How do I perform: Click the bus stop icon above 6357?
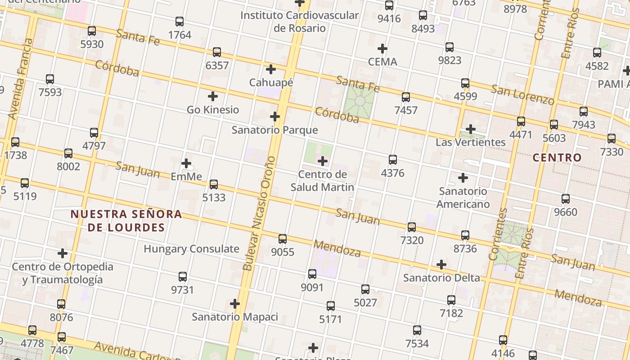coord(217,52)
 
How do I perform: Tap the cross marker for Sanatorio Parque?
coord(274,117)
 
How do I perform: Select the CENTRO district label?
coord(557,157)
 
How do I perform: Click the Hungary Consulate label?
coord(191,249)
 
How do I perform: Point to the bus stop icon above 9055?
coord(283,239)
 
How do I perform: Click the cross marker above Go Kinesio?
coord(213,96)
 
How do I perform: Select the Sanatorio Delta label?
coord(441,278)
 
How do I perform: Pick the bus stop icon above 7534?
coord(417,330)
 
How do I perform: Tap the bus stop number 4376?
coord(392,173)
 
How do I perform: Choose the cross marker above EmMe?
coord(186,163)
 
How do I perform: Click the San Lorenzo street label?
coord(522,94)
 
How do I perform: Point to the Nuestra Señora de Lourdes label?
coord(126,220)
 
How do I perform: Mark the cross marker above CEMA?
coord(382,49)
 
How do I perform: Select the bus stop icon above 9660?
coord(566,199)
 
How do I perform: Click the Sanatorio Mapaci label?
coord(235,317)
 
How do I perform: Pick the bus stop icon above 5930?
coord(92,31)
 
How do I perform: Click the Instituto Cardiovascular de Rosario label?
coord(299,22)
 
